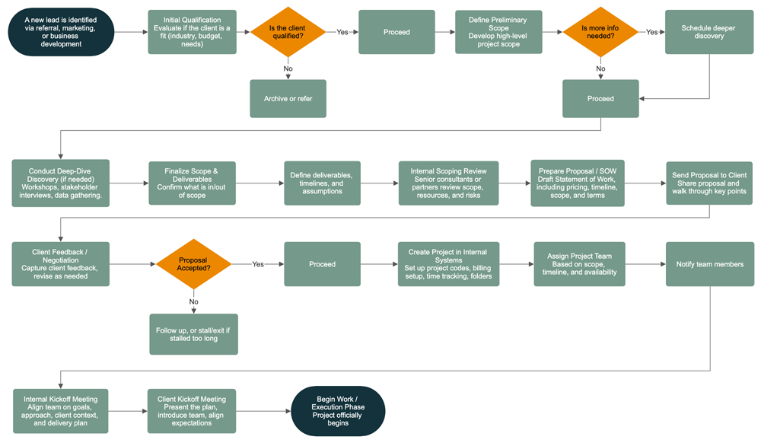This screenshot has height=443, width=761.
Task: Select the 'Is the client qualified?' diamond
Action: coord(288,32)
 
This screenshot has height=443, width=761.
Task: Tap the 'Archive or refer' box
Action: coord(288,99)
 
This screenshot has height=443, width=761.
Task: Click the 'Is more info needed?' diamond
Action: coord(600,32)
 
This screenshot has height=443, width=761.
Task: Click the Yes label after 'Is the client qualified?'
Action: coord(342,32)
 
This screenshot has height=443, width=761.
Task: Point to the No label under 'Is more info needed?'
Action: coord(600,69)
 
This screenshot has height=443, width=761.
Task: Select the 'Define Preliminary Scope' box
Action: coord(498,32)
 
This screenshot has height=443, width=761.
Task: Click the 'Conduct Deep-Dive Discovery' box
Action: coord(61,183)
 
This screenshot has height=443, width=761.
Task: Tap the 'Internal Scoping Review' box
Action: coord(449,183)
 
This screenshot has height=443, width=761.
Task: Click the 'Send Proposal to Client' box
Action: coord(709,183)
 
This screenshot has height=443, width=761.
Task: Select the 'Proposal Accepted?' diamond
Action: coord(193,264)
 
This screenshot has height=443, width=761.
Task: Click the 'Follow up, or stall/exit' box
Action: coord(193,333)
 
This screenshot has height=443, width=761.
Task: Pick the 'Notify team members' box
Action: coord(709,264)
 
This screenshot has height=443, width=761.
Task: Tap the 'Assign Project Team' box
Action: coord(579,264)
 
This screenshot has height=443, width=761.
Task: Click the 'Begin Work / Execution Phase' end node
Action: coord(339,411)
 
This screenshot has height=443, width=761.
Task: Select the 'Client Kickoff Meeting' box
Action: coord(191,411)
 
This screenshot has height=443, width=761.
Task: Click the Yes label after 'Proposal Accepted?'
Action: coord(258,264)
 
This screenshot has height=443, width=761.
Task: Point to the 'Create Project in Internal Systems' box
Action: coord(448,264)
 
